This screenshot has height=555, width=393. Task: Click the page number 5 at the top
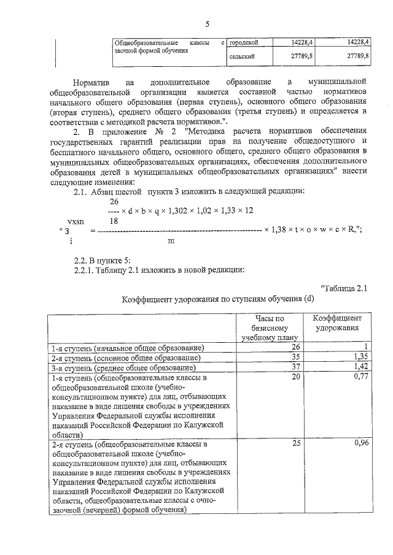pyautogui.click(x=207, y=25)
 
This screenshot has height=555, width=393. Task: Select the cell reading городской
pyautogui.click(x=243, y=43)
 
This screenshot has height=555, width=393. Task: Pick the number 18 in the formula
pyautogui.click(x=114, y=220)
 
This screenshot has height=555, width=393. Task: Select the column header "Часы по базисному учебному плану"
pyautogui.click(x=270, y=329)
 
